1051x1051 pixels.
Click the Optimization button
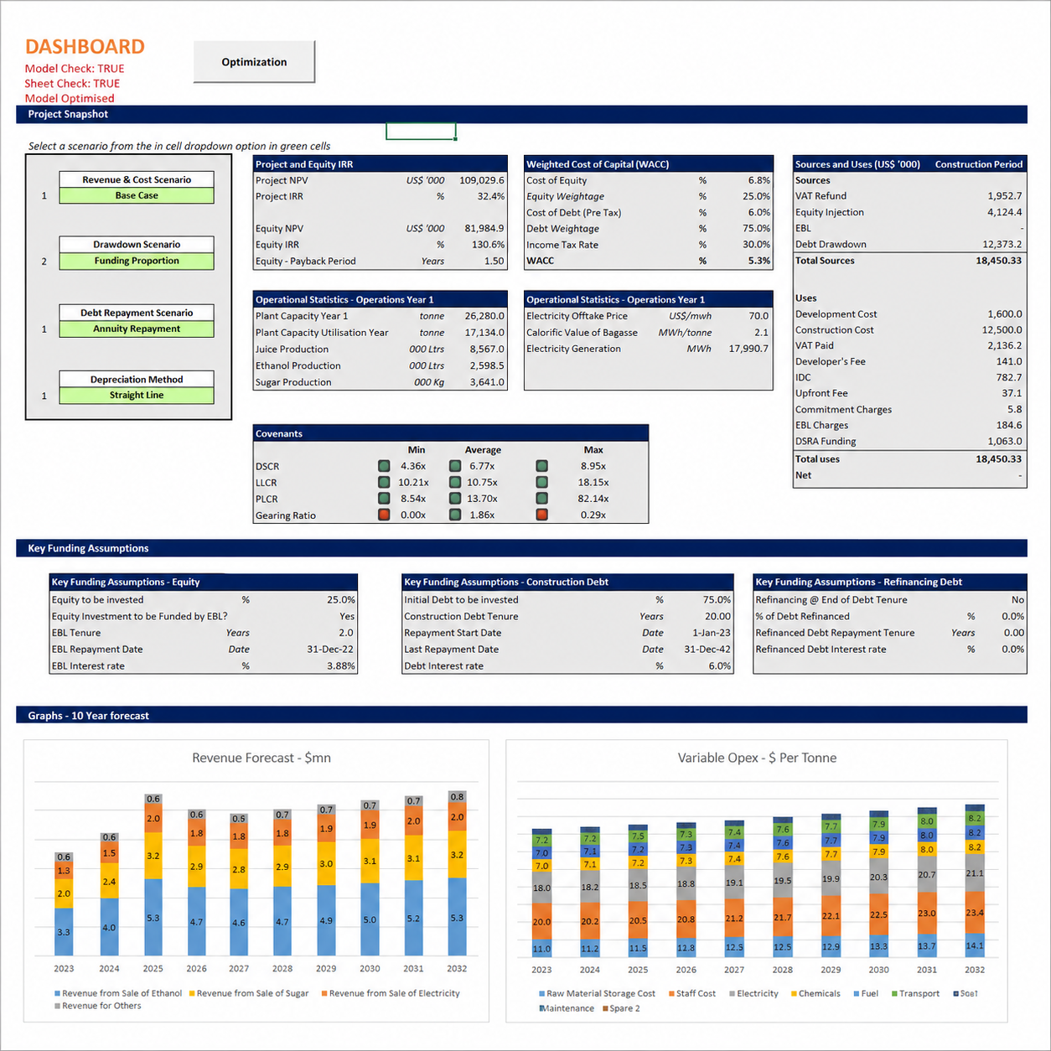[254, 62]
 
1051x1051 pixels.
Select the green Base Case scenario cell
[137, 195]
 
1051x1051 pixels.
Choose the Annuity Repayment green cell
[137, 329]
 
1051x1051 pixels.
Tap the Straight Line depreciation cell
[137, 396]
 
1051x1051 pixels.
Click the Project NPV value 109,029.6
[482, 180]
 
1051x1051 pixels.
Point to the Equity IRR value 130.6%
[488, 245]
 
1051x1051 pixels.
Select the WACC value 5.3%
[759, 261]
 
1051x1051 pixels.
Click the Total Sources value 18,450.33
[999, 261]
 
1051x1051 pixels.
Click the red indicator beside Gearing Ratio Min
[384, 515]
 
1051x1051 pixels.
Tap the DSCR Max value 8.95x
[593, 466]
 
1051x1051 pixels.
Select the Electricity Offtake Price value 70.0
[758, 316]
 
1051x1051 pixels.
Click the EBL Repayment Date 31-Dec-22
[330, 649]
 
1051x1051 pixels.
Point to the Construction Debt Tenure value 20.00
[717, 616]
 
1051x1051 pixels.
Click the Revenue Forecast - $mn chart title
[261, 758]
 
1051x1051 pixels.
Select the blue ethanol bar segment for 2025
[153, 918]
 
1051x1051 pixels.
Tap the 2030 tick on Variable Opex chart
[878, 970]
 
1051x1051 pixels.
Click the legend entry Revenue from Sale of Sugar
[249, 993]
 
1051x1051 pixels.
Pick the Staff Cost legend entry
[692, 993]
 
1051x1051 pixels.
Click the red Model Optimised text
[70, 98]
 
